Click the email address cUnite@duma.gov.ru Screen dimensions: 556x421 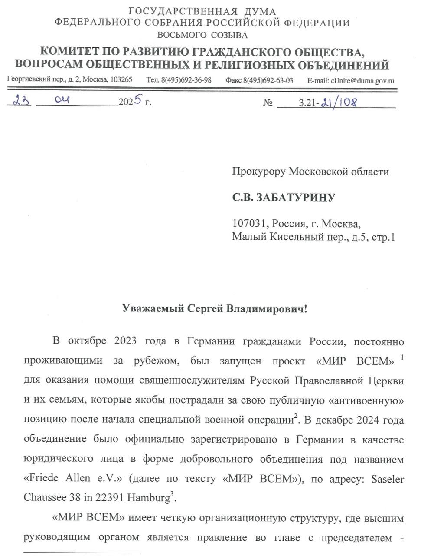click(362, 80)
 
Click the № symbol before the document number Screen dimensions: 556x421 click(268, 103)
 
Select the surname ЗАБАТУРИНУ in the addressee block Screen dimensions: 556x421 click(296, 198)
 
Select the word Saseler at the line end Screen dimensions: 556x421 click(385, 479)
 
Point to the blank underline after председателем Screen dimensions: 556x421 click(82, 552)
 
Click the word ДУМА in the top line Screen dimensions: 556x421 click(260, 12)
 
